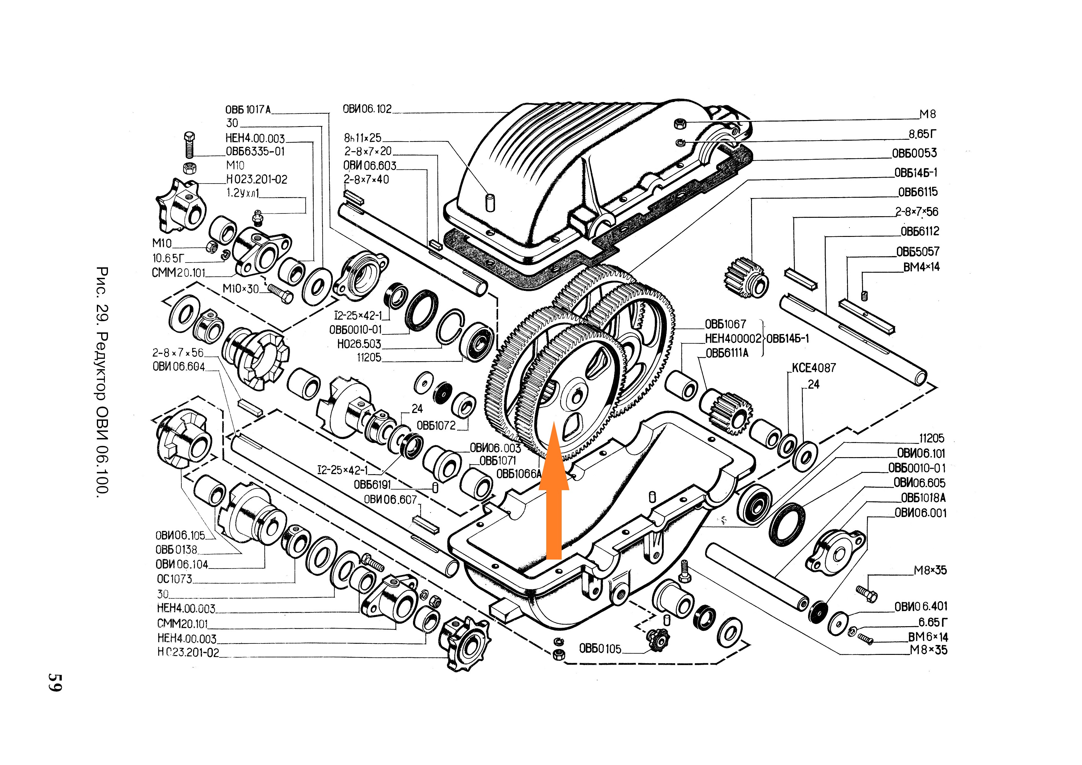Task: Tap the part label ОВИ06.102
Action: pos(367,109)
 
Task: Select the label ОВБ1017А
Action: pos(248,110)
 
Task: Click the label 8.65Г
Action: pos(922,134)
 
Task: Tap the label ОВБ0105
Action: pos(600,649)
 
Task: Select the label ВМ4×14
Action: pos(921,267)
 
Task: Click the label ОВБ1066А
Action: pos(519,474)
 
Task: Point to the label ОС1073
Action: pos(174,579)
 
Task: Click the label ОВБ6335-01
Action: pos(255,151)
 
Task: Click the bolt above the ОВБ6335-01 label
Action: pos(189,144)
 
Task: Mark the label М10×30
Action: pos(241,288)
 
